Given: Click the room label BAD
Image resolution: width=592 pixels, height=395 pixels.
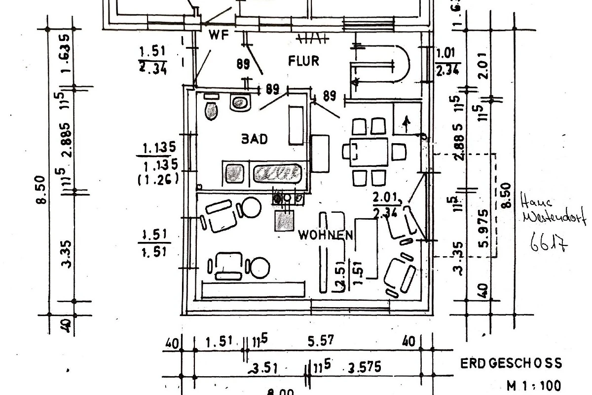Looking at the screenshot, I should [254, 139].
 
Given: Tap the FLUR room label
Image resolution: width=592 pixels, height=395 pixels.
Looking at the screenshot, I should [303, 61].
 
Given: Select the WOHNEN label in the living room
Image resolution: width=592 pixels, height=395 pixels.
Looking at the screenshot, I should [326, 236].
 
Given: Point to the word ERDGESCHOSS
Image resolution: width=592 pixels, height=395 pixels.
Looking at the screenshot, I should [511, 364].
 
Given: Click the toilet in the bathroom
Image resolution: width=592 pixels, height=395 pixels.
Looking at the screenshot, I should [211, 109].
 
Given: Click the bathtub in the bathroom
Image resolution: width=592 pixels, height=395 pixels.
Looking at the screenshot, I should [277, 173].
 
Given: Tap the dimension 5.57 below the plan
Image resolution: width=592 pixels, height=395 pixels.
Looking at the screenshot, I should [321, 340].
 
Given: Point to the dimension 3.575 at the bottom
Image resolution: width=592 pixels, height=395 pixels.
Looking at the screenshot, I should [365, 368].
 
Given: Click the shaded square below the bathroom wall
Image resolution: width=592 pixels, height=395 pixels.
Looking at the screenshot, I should [284, 221].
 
